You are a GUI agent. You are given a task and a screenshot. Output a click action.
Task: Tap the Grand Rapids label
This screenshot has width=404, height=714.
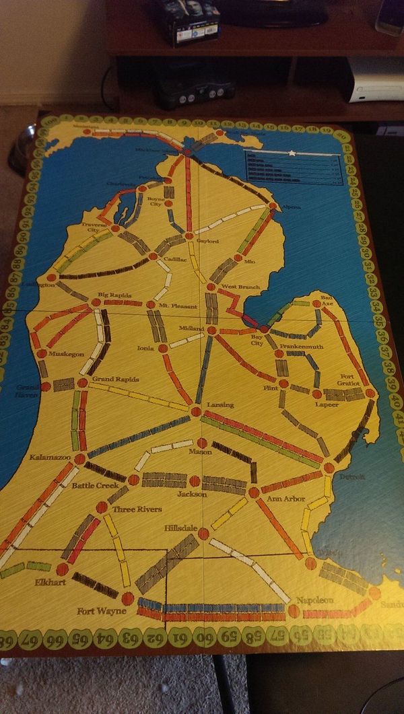(115, 379)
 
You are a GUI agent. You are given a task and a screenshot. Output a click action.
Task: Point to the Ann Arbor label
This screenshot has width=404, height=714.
(286, 499)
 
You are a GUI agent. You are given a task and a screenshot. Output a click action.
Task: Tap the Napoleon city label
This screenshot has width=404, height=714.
(315, 600)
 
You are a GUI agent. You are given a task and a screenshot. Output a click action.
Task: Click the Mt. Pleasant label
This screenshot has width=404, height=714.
(178, 306)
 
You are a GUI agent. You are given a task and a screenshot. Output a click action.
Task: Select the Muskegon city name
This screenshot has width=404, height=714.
(66, 353)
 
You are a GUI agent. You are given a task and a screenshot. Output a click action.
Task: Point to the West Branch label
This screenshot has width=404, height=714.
(240, 287)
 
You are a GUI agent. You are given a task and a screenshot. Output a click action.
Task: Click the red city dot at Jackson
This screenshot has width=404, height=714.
(194, 481)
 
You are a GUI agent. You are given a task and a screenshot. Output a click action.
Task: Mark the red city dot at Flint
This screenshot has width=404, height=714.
(283, 384)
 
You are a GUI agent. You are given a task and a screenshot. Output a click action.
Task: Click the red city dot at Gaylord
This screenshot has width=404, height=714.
(189, 236)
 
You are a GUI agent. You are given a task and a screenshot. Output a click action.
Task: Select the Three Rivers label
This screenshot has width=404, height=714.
(137, 509)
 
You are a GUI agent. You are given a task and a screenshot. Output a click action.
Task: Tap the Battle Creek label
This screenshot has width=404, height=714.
(95, 485)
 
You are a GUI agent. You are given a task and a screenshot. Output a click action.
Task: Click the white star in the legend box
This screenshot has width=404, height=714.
(292, 153)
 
